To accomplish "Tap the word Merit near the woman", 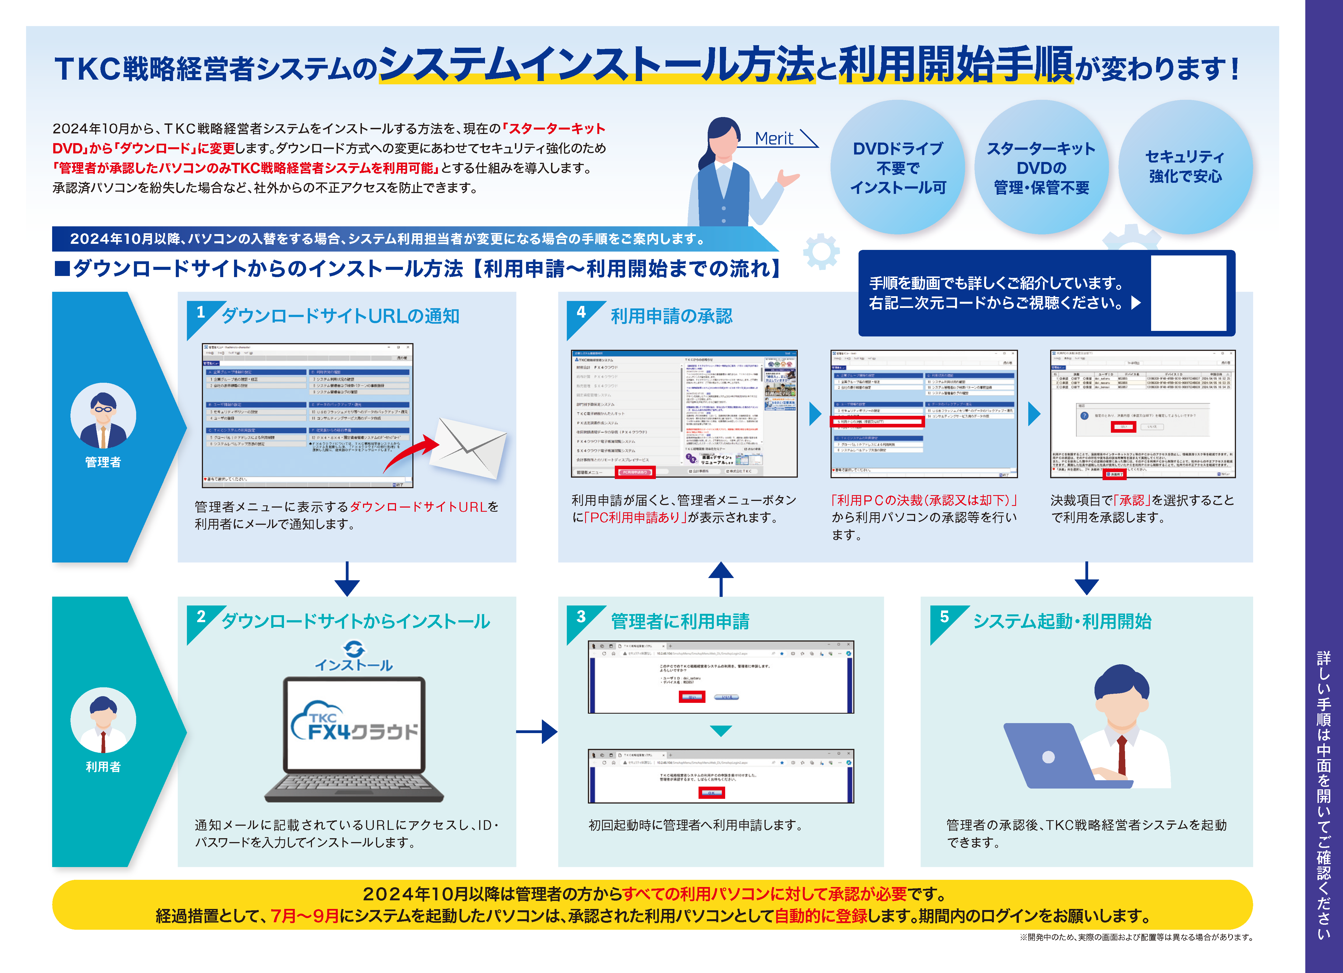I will (x=774, y=139).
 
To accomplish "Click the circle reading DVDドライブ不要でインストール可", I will (x=898, y=168).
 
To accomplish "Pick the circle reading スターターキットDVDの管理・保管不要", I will (x=1041, y=168).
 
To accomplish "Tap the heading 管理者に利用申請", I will (x=680, y=621).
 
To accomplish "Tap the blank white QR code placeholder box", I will (x=1188, y=293).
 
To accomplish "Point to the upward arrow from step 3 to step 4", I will (x=721, y=579).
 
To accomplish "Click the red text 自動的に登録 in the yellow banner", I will (x=821, y=916).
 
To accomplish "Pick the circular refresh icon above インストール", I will (x=354, y=648).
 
